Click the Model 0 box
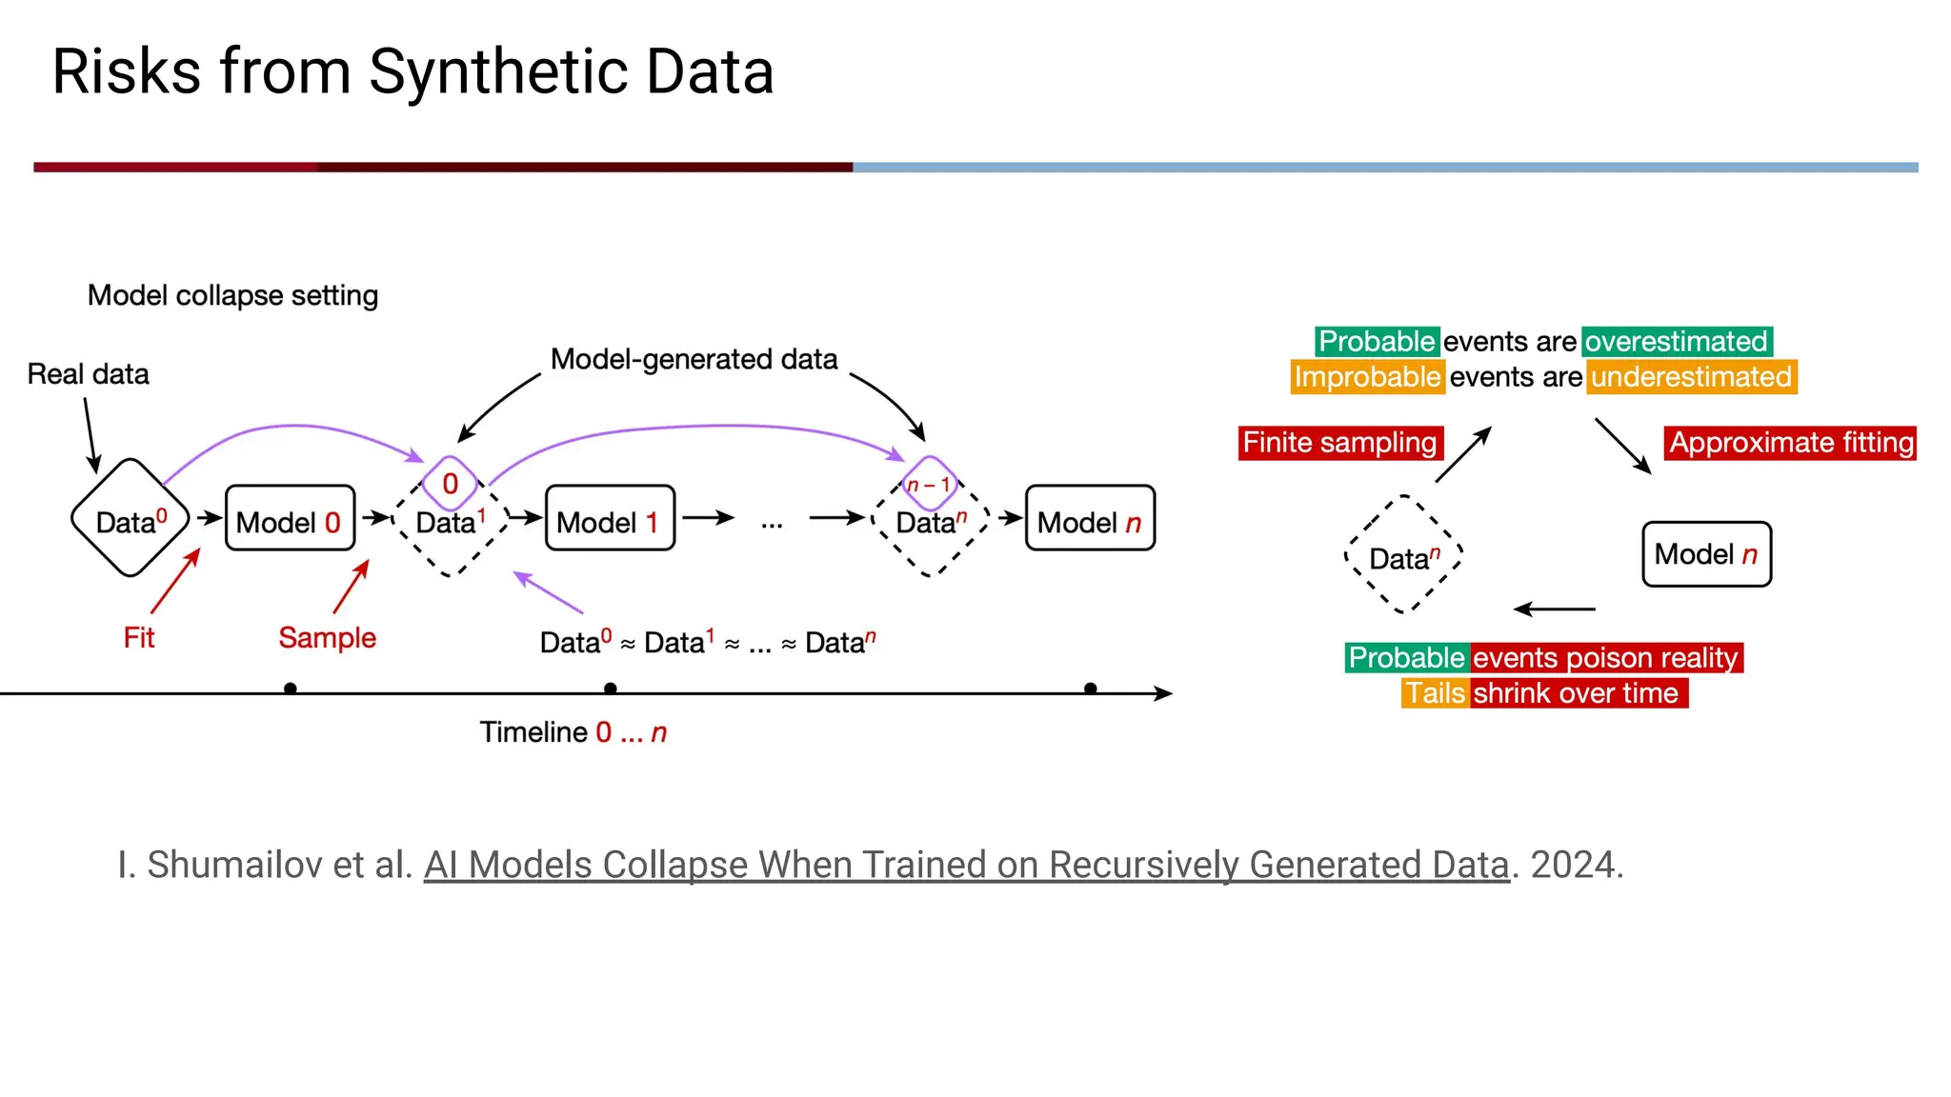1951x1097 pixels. (x=290, y=518)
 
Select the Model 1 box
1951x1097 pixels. (x=610, y=518)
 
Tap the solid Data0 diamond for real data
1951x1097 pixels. (x=131, y=518)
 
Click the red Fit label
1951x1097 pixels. (x=139, y=637)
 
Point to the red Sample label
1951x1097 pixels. (x=327, y=637)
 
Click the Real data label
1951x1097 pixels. (x=88, y=374)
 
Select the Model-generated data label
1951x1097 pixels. (x=694, y=359)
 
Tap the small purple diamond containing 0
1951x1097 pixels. (x=451, y=484)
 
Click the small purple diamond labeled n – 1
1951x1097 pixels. (x=929, y=484)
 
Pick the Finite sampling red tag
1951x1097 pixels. (x=1339, y=443)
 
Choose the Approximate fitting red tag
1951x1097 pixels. (x=1790, y=443)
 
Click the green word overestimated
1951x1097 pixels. (x=1677, y=341)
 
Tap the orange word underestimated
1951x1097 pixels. (x=1692, y=377)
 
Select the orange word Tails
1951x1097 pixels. (x=1435, y=693)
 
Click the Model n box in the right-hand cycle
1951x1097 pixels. (x=1706, y=554)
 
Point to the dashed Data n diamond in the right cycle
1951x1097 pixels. (x=1403, y=555)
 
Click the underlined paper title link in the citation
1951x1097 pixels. (x=966, y=865)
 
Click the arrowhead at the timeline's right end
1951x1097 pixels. (x=1164, y=693)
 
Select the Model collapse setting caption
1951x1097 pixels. (x=232, y=295)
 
